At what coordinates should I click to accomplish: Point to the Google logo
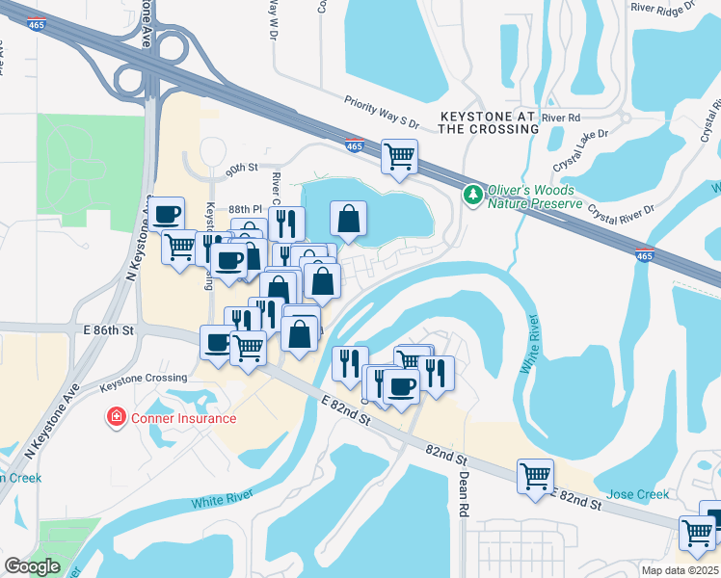coord(32,566)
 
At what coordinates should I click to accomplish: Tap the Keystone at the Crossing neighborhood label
coord(487,121)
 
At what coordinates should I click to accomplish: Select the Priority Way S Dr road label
coord(383,112)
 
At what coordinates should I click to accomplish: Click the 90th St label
coord(243,167)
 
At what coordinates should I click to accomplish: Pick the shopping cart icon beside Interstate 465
coord(399,156)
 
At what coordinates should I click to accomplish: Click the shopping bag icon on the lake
coord(348,219)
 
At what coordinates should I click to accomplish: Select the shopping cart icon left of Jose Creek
coord(535,475)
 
